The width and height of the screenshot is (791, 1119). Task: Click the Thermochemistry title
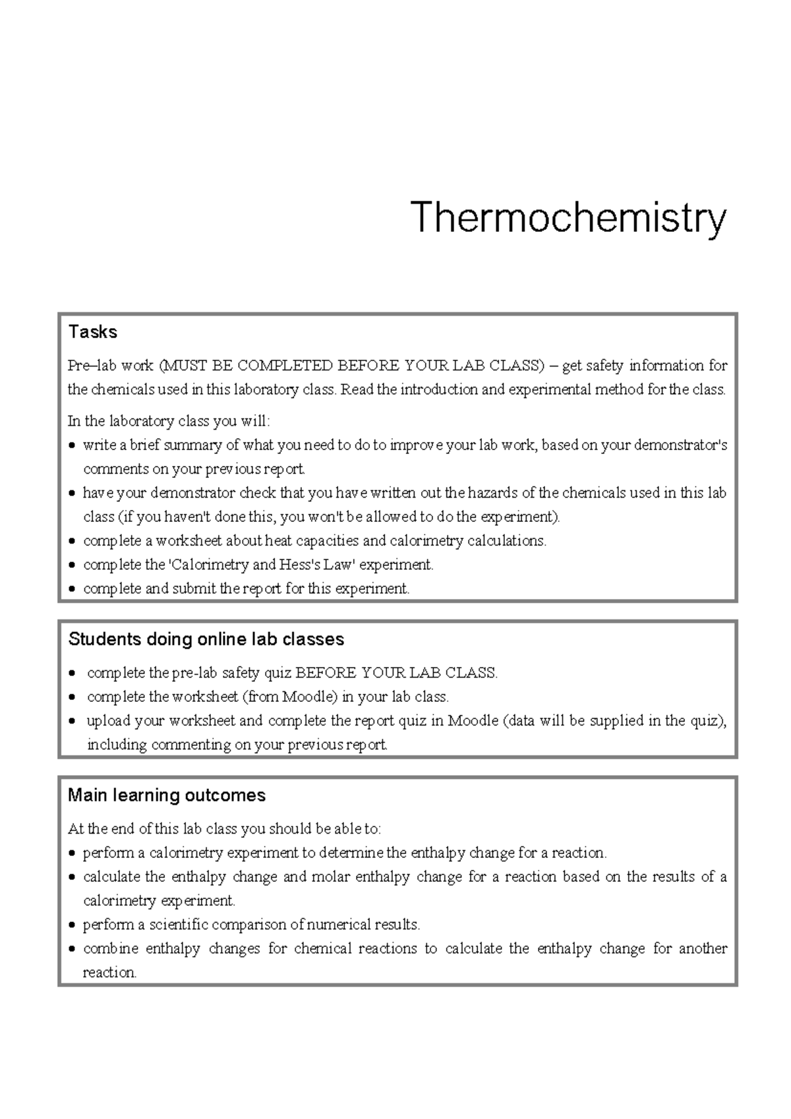coord(568,218)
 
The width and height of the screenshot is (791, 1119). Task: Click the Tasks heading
coord(92,331)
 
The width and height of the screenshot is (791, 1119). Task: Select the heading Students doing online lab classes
coord(206,639)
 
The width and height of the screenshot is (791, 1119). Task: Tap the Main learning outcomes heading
coord(166,795)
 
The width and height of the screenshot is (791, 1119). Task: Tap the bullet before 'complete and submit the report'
coord(73,589)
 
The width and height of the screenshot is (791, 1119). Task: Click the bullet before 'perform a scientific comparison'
coord(73,925)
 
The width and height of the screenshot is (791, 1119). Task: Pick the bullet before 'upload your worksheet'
coord(73,721)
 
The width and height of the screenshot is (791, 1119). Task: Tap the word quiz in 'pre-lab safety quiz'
coord(278,673)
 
